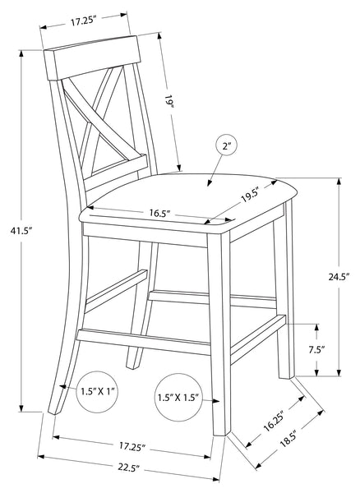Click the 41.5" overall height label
21,231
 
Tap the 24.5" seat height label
339,277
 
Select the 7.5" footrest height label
316,350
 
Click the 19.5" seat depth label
250,197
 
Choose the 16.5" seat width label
159,213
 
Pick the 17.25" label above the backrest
83,21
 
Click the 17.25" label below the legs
132,446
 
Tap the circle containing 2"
226,146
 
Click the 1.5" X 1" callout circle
97,391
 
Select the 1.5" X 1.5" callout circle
178,397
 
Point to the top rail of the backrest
92,58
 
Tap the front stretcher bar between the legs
143,341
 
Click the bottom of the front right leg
219,432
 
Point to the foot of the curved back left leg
54,411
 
